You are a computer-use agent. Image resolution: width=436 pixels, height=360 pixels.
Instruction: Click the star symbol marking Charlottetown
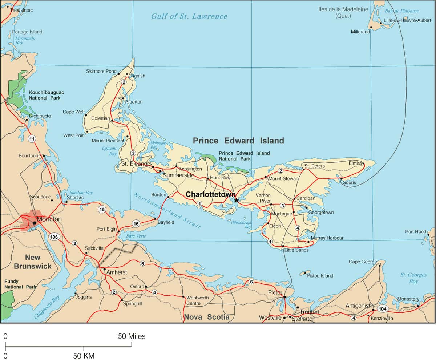(237, 200)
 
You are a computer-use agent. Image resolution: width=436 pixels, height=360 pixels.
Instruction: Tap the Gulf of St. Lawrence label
(189, 16)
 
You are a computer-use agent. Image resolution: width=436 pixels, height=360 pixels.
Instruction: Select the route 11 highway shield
(32, 138)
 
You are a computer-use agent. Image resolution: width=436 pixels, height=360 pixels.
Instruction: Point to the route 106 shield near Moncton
(53, 237)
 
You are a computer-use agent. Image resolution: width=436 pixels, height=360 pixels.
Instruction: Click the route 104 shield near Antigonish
(382, 309)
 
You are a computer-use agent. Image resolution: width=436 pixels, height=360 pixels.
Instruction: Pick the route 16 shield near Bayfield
(136, 223)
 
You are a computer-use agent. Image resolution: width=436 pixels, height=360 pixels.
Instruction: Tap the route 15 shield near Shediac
(102, 209)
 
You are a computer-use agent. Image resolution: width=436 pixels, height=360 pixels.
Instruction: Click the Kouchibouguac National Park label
(46, 95)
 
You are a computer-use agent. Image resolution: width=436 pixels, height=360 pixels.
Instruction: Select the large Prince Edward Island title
(238, 141)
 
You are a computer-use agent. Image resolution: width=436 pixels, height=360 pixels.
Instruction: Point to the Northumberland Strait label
(167, 210)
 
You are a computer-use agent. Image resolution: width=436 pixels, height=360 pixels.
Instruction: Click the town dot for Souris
(341, 178)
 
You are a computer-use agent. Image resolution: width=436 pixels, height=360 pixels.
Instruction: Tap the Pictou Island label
(320, 276)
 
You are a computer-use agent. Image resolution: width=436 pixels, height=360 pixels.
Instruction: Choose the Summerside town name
(178, 175)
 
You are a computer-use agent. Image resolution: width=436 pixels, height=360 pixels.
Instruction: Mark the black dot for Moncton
(35, 222)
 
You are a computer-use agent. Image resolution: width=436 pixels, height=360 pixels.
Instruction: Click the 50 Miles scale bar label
(132, 336)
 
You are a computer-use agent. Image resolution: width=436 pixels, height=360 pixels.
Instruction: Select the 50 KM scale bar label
(84, 356)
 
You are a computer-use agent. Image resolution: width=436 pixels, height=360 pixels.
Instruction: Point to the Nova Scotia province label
(207, 317)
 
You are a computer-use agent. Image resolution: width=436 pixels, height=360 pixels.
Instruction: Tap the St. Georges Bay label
(413, 278)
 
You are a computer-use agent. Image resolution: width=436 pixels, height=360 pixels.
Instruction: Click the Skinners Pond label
(101, 71)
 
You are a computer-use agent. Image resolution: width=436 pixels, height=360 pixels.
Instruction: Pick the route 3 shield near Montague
(282, 206)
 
